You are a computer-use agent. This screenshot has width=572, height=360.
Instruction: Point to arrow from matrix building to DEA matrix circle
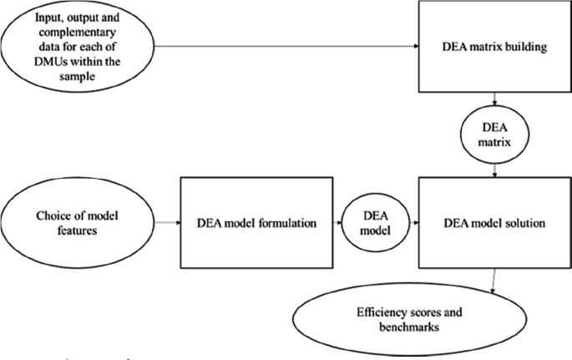[x=496, y=101]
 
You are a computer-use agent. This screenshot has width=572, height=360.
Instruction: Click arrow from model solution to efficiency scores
[x=494, y=279]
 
